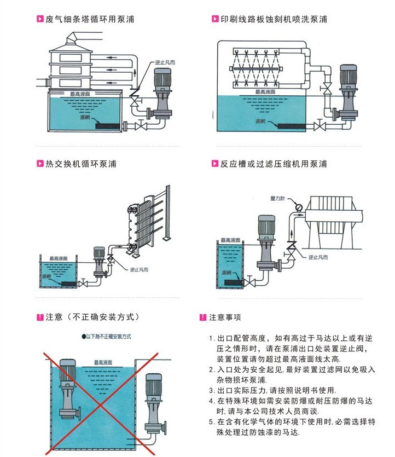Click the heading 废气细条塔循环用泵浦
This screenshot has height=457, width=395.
[90, 20]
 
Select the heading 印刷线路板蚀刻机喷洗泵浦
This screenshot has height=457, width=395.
[274, 20]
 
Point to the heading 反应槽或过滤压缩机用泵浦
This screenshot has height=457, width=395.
[274, 164]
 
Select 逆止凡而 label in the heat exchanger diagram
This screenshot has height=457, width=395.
[140, 269]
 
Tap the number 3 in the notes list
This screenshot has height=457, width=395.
[212, 391]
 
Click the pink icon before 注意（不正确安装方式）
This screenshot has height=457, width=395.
[39, 317]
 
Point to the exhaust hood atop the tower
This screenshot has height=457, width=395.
[72, 39]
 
